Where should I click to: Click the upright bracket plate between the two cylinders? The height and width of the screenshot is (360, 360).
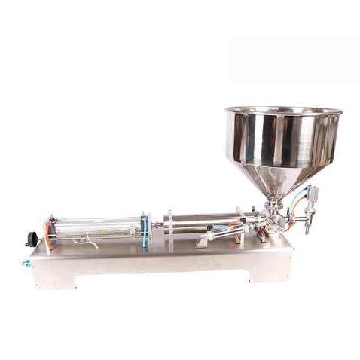169,226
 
